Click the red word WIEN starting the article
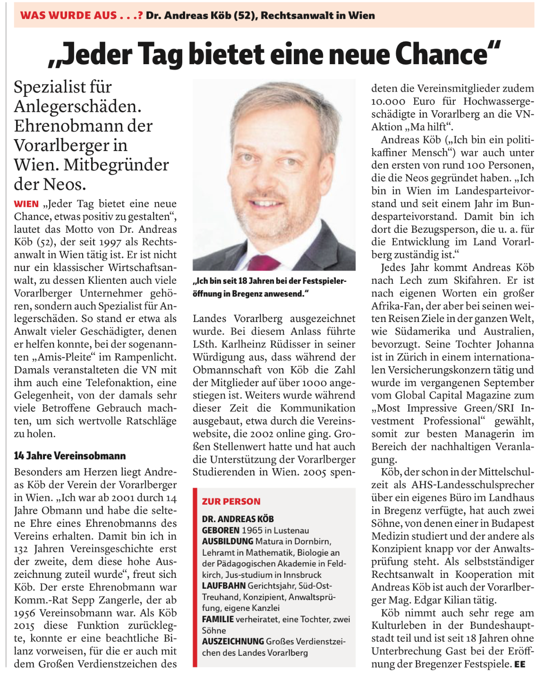[26, 204]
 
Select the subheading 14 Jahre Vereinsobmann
[70, 456]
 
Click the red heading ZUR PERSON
[231, 501]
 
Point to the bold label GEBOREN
[221, 530]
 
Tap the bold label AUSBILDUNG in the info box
[227, 541]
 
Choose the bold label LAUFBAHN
[224, 585]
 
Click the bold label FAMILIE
[218, 619]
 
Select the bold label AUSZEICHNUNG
[233, 641]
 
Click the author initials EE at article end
[519, 664]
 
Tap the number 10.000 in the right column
[388, 101]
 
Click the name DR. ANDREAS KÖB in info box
[238, 519]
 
